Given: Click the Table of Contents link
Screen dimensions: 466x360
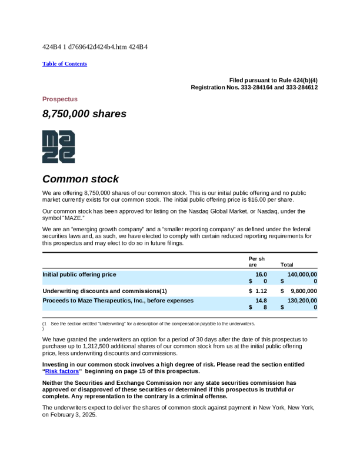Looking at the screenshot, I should click(x=65, y=64).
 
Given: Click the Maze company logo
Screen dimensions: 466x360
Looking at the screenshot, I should click(x=58, y=147).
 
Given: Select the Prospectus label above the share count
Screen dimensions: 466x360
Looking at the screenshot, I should click(x=60, y=99).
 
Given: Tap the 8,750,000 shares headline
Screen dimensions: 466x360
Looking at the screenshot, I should click(x=84, y=114).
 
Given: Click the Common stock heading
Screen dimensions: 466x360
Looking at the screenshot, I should click(x=80, y=179).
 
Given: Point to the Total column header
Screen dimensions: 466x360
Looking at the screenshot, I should click(x=287, y=265).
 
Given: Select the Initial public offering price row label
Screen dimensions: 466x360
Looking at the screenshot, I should click(x=79, y=274).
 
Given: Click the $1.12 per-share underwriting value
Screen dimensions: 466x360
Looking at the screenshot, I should click(x=258, y=291).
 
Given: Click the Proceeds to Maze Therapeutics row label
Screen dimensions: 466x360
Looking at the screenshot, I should click(x=118, y=301).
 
